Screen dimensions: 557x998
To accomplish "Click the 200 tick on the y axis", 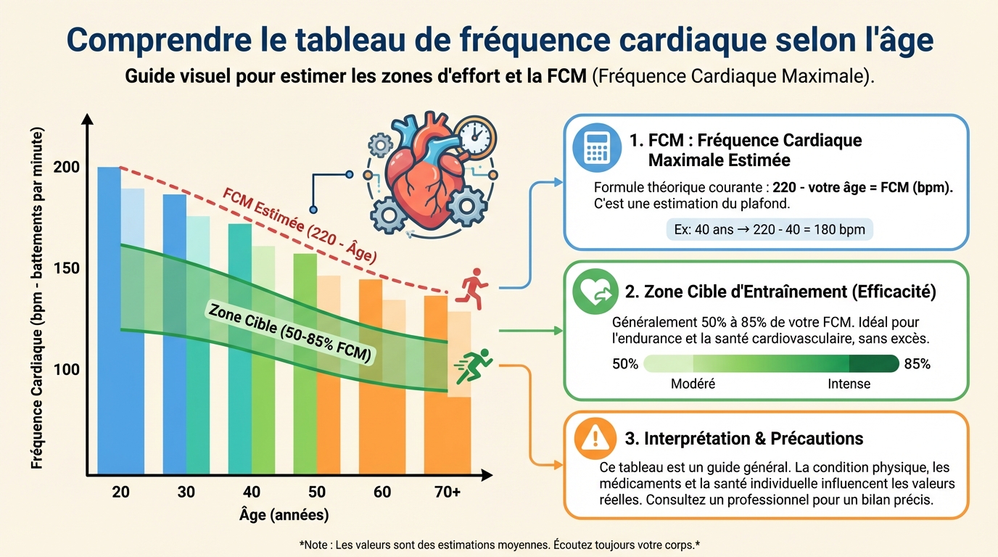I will [66, 167].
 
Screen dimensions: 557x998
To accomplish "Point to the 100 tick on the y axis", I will [66, 369].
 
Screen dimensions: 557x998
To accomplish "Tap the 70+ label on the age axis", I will [447, 492].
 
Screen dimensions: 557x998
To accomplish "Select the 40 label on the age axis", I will [251, 492].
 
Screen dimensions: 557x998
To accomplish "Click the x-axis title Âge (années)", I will [284, 516].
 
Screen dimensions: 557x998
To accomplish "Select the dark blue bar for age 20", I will [109, 319].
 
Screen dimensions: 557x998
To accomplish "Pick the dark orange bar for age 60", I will [371, 377].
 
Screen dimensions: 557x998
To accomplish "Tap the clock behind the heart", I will [476, 136].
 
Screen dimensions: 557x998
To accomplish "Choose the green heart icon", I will [594, 291].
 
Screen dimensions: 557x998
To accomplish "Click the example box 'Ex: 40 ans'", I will [770, 230].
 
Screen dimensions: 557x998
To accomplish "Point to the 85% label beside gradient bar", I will [917, 364].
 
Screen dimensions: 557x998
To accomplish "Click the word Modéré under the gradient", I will [693, 384].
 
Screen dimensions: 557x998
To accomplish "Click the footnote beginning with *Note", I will [499, 544].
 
